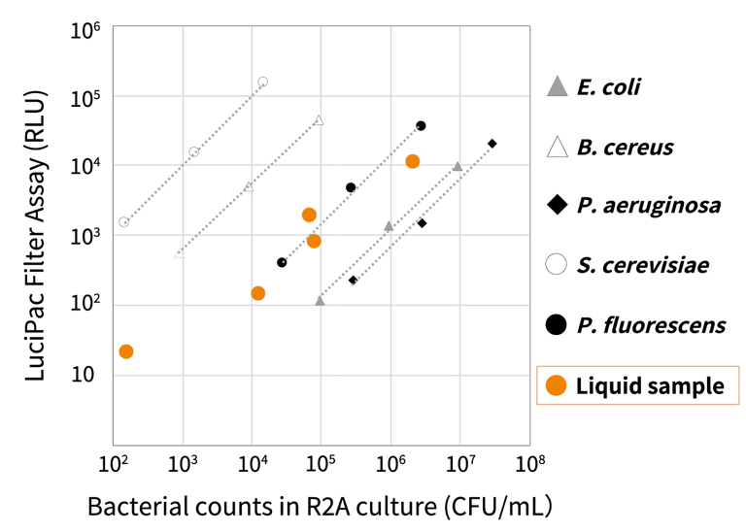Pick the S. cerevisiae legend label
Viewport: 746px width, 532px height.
tap(642, 265)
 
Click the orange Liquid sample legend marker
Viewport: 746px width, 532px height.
tap(557, 385)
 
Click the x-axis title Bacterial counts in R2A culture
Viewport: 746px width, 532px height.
tap(321, 506)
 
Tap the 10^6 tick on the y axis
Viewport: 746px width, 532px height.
tap(86, 30)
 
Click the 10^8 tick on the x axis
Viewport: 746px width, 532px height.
tap(528, 465)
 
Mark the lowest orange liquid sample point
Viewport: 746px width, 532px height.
tap(125, 351)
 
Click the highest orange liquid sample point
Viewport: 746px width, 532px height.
tap(412, 161)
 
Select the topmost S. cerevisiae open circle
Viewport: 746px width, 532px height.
tap(262, 83)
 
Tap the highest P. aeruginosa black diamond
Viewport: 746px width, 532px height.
tap(492, 144)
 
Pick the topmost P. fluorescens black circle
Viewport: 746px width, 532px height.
tap(421, 125)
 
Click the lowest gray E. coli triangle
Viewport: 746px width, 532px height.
tap(320, 301)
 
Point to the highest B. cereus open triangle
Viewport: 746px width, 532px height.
tap(319, 120)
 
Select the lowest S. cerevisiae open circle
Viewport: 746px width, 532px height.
tap(124, 222)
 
